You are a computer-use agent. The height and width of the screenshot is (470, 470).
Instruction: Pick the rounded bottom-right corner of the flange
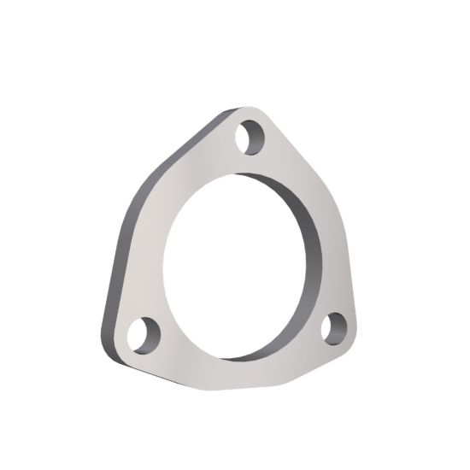[355, 335]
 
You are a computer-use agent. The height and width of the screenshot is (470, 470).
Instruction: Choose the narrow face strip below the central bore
[248, 367]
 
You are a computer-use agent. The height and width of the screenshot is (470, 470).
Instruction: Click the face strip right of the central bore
[338, 256]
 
